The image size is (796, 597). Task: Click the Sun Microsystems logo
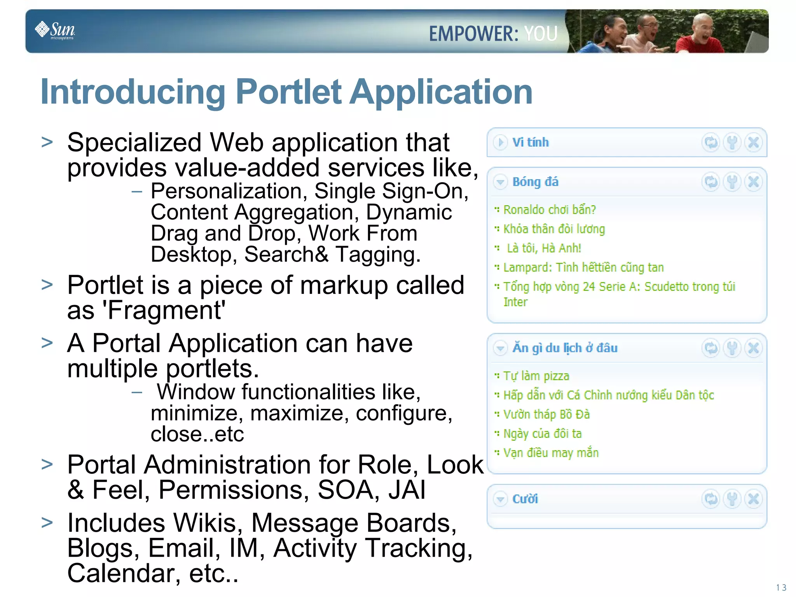click(x=55, y=30)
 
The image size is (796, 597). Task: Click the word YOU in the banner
click(x=541, y=33)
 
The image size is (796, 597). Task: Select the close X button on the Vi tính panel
click(x=753, y=143)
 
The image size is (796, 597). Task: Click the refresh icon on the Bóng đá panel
click(x=711, y=182)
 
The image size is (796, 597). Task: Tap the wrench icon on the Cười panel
click(x=732, y=499)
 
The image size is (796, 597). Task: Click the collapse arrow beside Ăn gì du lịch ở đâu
click(x=500, y=348)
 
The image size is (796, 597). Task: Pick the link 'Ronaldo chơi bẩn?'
click(x=549, y=210)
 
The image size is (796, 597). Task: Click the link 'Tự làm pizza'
click(x=536, y=376)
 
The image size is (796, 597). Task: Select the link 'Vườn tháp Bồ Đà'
click(x=546, y=414)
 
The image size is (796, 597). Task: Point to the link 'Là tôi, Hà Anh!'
click(x=544, y=248)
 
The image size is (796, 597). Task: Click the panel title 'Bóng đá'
click(x=535, y=182)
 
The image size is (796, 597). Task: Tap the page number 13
click(x=781, y=587)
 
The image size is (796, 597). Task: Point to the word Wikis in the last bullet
click(x=205, y=523)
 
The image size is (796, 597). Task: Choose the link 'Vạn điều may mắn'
click(x=551, y=453)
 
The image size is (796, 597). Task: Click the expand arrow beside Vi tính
click(x=500, y=142)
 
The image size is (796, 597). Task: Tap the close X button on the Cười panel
click(x=753, y=499)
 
